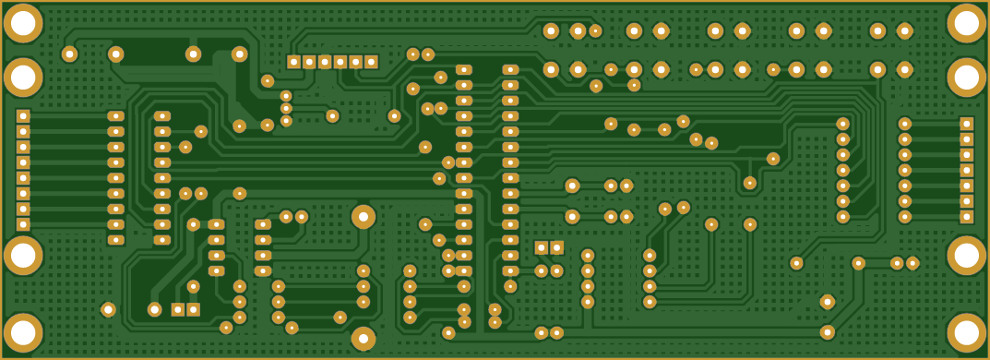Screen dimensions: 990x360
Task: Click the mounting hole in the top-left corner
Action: pyautogui.click(x=23, y=24)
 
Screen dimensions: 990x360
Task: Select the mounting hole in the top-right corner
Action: pyautogui.click(x=966, y=24)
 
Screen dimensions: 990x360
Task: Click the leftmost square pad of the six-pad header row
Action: pyautogui.click(x=293, y=62)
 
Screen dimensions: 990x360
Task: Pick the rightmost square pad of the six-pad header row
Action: pyautogui.click(x=371, y=62)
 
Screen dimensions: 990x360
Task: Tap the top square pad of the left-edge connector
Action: pyautogui.click(x=23, y=116)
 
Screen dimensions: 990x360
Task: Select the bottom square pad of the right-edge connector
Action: pyautogui.click(x=966, y=217)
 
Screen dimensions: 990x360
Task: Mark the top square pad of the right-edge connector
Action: pyautogui.click(x=966, y=124)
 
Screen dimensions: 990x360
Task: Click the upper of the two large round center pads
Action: pyautogui.click(x=364, y=216)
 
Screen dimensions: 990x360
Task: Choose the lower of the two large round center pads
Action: pyautogui.click(x=364, y=339)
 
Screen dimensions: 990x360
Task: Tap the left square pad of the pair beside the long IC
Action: pyautogui.click(x=542, y=247)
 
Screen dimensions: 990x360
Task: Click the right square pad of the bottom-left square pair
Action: pyautogui.click(x=194, y=309)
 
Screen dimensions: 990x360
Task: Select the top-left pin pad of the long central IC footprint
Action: pyautogui.click(x=463, y=70)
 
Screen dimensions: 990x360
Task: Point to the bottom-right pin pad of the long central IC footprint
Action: pyautogui.click(x=510, y=270)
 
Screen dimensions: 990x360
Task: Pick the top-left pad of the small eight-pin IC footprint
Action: pyautogui.click(x=216, y=224)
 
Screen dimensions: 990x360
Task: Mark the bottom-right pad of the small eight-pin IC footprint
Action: pyautogui.click(x=263, y=270)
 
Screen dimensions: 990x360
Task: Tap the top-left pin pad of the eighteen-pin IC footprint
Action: pyautogui.click(x=115, y=116)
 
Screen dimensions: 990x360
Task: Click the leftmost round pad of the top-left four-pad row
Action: pyautogui.click(x=69, y=54)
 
